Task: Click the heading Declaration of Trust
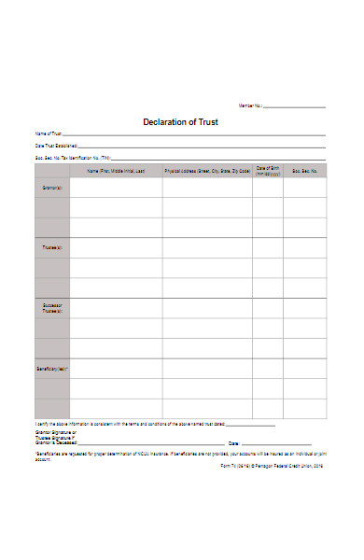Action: [x=181, y=121]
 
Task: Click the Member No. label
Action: [x=251, y=106]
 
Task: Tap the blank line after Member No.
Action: [x=294, y=107]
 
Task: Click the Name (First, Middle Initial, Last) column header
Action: [x=117, y=172]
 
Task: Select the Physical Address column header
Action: [x=207, y=172]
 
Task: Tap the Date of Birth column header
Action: [x=268, y=171]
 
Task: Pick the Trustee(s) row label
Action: [x=52, y=248]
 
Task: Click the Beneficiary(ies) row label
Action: [x=52, y=369]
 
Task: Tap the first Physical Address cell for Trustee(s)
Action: [x=207, y=247]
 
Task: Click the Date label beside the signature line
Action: [x=233, y=442]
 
